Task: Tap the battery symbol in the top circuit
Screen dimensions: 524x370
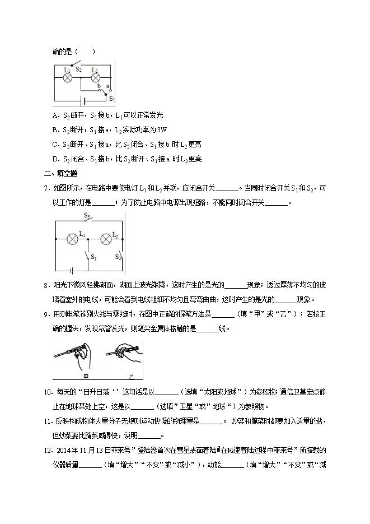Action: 84,102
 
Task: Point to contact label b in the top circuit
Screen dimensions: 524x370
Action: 99,86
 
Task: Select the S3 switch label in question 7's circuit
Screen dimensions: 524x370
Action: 87,215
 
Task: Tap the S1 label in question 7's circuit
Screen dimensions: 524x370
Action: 93,258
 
